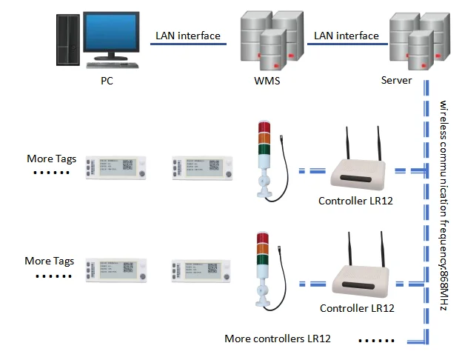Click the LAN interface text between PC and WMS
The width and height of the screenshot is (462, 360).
[x=187, y=35]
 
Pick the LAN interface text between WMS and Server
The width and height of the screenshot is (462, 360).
[x=346, y=35]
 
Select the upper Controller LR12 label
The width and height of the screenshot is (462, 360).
[x=355, y=201]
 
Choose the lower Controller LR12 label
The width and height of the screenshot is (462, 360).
[x=357, y=307]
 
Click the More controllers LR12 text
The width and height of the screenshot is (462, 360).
[x=277, y=339]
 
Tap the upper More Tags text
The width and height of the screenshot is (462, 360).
[x=50, y=159]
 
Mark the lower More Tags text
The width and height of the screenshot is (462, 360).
[x=49, y=261]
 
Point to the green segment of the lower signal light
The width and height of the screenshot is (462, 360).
[x=262, y=259]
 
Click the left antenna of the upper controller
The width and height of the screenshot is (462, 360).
[x=349, y=144]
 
